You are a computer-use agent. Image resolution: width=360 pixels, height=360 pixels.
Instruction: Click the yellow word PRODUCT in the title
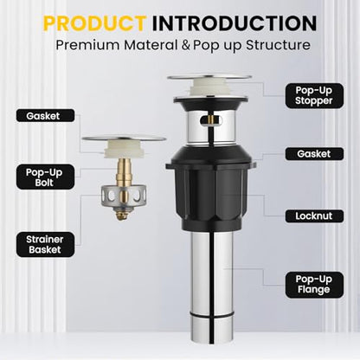[95, 23]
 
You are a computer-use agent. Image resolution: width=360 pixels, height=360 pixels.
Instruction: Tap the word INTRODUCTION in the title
[235, 23]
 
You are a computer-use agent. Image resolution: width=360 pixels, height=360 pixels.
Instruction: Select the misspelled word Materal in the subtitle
[151, 45]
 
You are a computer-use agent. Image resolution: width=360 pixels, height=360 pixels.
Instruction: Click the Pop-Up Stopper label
[314, 95]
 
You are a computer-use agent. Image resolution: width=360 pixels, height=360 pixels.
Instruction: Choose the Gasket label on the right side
[314, 154]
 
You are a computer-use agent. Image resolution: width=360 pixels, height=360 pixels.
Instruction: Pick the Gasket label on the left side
[45, 116]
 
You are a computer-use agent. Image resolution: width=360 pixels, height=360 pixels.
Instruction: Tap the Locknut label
[314, 216]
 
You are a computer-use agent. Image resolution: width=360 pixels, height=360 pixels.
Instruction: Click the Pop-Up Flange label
[314, 285]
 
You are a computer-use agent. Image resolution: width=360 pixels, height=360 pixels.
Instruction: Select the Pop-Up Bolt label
[45, 177]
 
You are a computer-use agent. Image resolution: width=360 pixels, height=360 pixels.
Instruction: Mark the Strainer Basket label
[45, 244]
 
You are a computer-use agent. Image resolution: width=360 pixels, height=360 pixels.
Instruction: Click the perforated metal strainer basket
[124, 196]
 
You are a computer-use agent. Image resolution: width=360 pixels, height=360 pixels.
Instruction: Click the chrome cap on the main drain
[209, 77]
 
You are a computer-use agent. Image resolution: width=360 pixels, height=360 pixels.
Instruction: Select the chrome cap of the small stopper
[124, 138]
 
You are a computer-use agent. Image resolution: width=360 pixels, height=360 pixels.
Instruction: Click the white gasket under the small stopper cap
[124, 150]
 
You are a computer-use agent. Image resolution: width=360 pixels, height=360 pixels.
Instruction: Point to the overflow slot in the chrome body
[212, 119]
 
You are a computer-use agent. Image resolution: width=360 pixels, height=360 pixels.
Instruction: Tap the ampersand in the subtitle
[185, 46]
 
